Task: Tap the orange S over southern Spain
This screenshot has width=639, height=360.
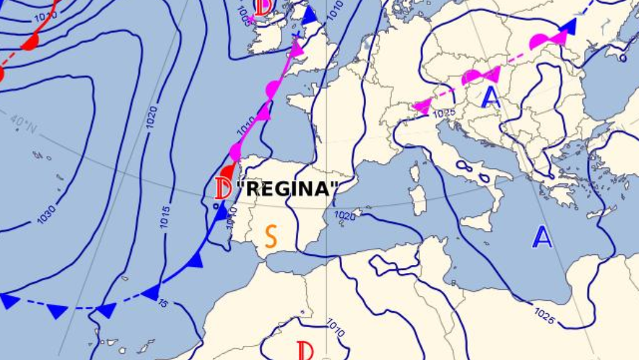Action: [x=271, y=237]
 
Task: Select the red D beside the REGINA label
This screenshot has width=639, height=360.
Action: [x=223, y=188]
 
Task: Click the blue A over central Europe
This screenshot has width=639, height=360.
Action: [x=491, y=98]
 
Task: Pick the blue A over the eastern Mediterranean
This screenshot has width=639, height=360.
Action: [x=542, y=237]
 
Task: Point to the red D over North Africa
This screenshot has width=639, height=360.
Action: [x=305, y=351]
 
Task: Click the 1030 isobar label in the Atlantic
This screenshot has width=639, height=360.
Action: [x=46, y=214]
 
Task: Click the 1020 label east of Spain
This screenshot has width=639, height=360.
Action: [x=345, y=216]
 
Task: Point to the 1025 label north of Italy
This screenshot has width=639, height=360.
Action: [x=444, y=114]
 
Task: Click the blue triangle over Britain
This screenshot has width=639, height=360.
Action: [x=309, y=15]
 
